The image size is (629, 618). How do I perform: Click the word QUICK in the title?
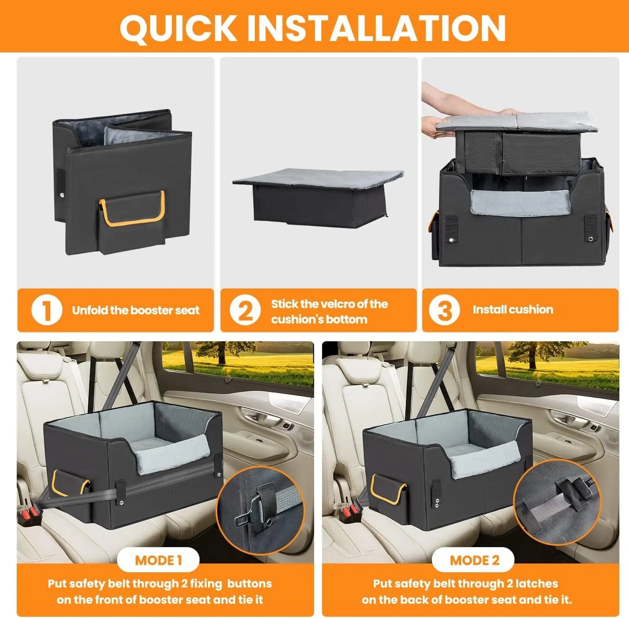[x=178, y=28]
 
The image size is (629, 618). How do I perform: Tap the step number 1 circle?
[x=47, y=310]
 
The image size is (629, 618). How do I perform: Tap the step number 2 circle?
[x=245, y=310]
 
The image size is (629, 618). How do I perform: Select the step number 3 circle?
[x=444, y=310]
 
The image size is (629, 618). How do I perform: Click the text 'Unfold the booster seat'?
[x=136, y=310]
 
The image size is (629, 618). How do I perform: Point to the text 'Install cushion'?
[x=513, y=309]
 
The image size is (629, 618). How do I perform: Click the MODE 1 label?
[x=158, y=560]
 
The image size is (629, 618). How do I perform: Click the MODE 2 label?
[x=474, y=560]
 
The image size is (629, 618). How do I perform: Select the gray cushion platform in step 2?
[x=318, y=178]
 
